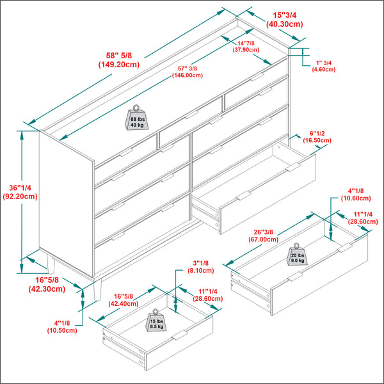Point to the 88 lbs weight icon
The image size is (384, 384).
(x=137, y=118)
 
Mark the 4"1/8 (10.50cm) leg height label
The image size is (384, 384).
(x=61, y=326)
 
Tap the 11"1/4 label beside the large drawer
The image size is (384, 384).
(x=364, y=217)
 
